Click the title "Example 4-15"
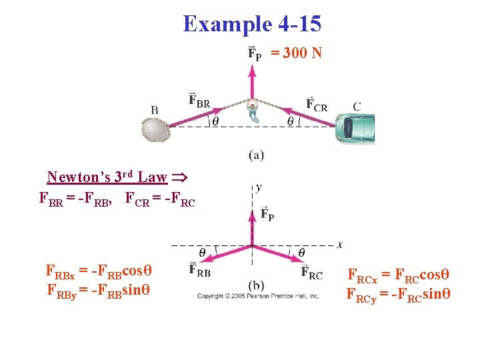[252, 25]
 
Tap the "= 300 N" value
[296, 53]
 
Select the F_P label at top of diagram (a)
[255, 53]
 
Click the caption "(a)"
[256, 155]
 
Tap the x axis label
[339, 244]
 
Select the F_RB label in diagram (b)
[200, 269]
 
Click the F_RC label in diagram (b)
[311, 271]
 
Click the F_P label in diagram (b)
[267, 213]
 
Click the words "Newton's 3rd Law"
[107, 177]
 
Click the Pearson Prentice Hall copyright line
[258, 295]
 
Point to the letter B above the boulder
[155, 110]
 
